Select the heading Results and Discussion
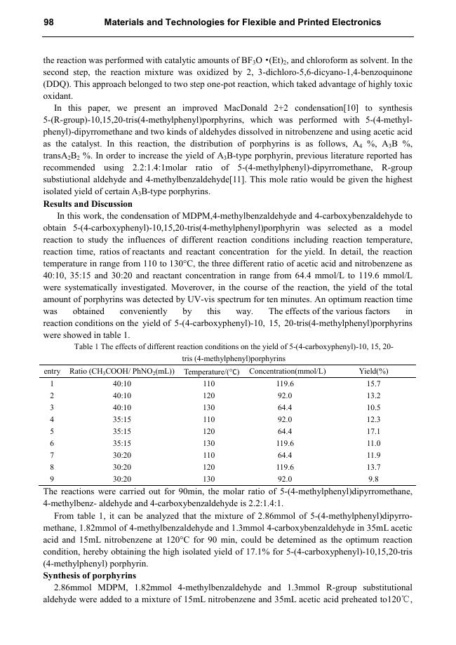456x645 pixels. point(88,204)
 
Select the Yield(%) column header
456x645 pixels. point(373,371)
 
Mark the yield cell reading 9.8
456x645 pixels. point(373,479)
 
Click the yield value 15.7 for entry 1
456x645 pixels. point(373,383)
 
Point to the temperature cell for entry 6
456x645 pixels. point(209,443)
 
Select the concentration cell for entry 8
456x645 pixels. point(284,467)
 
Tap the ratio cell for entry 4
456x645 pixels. point(122,419)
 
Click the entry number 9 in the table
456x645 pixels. point(52,479)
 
